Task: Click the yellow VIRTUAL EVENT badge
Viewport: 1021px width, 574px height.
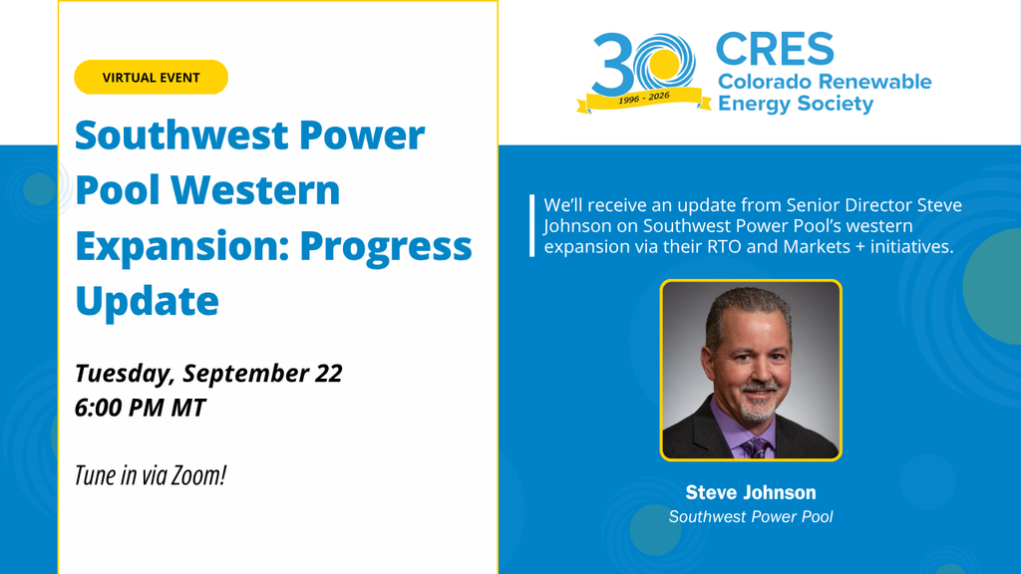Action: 152,77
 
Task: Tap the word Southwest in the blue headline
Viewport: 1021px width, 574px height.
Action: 181,135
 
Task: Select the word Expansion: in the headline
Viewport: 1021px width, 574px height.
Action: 182,246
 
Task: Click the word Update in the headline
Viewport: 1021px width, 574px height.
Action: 148,301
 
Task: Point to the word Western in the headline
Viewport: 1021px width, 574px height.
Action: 255,190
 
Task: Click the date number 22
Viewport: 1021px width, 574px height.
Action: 329,373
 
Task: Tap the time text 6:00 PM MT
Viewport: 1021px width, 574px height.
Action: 140,408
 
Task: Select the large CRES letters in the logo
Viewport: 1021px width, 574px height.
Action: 775,50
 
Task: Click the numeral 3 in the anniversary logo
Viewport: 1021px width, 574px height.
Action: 611,65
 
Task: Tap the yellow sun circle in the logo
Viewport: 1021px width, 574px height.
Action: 664,65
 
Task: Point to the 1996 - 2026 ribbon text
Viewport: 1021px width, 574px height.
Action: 644,98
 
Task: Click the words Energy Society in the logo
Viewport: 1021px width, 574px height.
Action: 795,104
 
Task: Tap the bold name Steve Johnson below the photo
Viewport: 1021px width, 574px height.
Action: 751,492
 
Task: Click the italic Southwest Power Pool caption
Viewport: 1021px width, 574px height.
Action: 751,517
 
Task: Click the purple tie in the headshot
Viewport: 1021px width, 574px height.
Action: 756,447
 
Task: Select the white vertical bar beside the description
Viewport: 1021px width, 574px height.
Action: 532,225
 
